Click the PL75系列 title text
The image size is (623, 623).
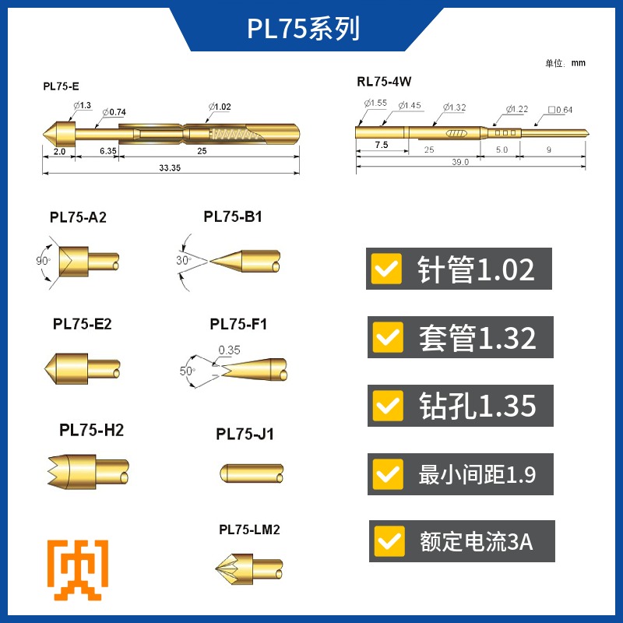coord(304,29)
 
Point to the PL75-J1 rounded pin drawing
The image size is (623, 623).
coord(251,472)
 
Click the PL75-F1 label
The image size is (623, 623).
coord(238,324)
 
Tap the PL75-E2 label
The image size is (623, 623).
coord(82,324)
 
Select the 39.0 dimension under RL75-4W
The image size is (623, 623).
coord(460,162)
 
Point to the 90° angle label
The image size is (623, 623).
coord(43,260)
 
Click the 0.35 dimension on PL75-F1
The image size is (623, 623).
coord(230,350)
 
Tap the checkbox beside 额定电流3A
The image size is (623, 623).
coord(389,541)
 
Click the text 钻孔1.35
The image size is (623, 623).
coord(477,406)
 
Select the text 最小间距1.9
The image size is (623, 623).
coord(477,474)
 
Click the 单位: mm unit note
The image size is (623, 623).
coord(565,63)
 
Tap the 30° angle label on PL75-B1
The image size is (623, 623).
coord(184,261)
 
